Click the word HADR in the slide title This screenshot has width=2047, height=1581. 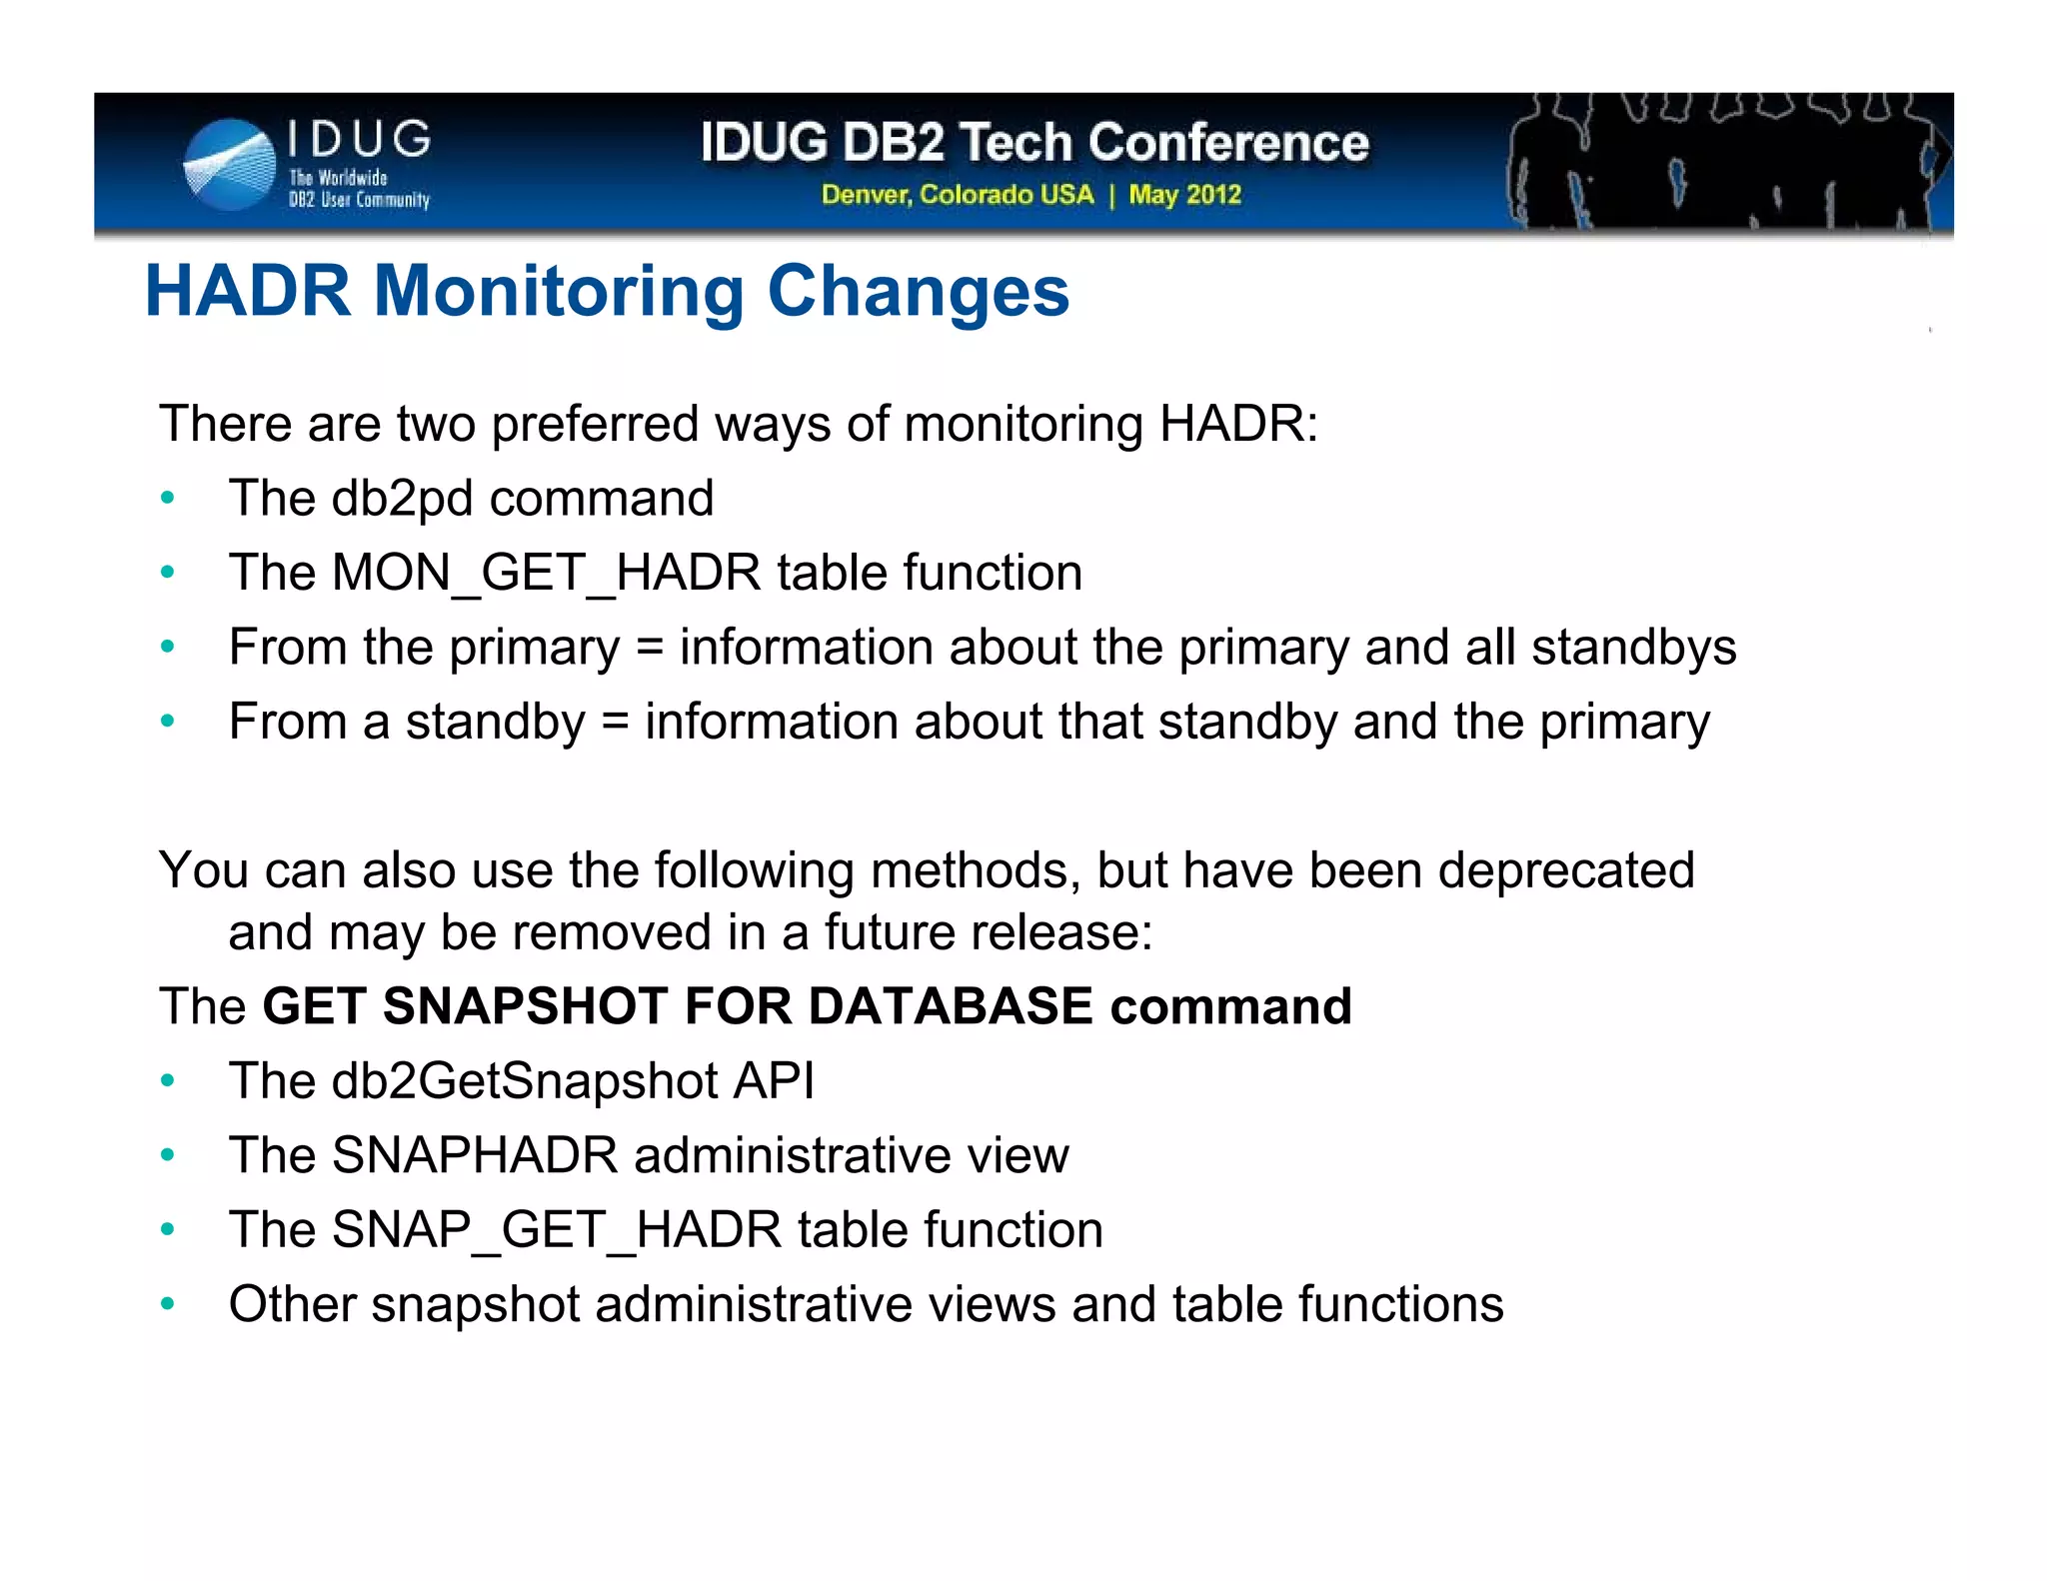247,292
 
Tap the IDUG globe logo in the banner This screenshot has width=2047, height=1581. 230,165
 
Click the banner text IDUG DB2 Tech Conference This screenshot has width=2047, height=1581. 1034,142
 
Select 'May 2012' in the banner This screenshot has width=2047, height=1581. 1184,194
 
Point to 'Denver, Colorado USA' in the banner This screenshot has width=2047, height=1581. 958,194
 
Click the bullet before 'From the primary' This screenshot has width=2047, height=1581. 168,647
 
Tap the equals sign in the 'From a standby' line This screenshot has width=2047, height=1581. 615,722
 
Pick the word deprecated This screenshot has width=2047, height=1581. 1565,870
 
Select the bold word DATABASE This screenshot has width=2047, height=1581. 950,1006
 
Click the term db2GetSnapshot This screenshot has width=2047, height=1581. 524,1081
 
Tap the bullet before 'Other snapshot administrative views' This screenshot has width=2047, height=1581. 168,1304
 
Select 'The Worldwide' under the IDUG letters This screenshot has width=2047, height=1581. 338,178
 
